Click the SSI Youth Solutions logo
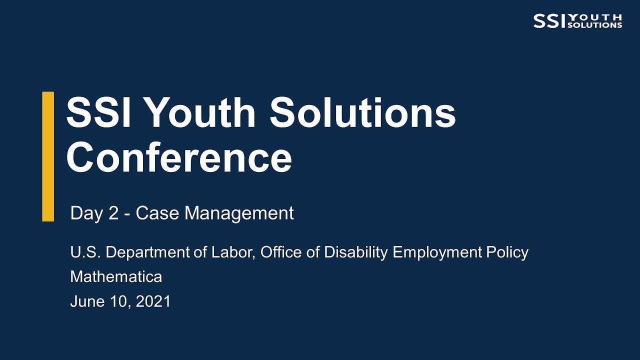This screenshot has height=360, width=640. [x=577, y=21]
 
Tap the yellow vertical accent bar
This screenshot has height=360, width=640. [x=48, y=156]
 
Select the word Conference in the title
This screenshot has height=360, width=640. [x=178, y=157]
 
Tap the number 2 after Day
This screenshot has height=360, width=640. [x=113, y=213]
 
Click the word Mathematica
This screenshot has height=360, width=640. [x=116, y=276]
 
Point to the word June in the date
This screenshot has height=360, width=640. [x=86, y=301]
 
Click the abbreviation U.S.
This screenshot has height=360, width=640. [x=85, y=252]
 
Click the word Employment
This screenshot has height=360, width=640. [x=437, y=252]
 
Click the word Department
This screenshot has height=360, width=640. [x=148, y=252]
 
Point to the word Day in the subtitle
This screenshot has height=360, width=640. [x=85, y=213]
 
